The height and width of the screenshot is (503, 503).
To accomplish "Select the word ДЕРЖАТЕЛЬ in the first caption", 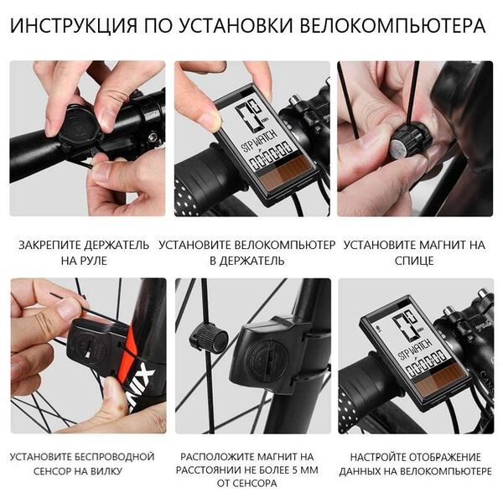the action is (x=117, y=245).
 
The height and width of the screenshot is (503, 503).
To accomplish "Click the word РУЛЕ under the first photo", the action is (x=93, y=261).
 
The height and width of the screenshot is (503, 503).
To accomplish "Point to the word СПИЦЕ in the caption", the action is (x=414, y=261).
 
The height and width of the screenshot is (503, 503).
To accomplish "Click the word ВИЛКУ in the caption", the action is (x=106, y=471).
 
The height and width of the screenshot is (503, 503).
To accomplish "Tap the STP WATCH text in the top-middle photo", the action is (x=258, y=140).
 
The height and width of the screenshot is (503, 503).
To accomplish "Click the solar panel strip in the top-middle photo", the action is (x=285, y=172).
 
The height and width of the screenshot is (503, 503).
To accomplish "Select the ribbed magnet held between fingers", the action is (x=410, y=140).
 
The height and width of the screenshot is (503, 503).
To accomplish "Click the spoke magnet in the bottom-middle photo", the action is (x=209, y=338).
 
